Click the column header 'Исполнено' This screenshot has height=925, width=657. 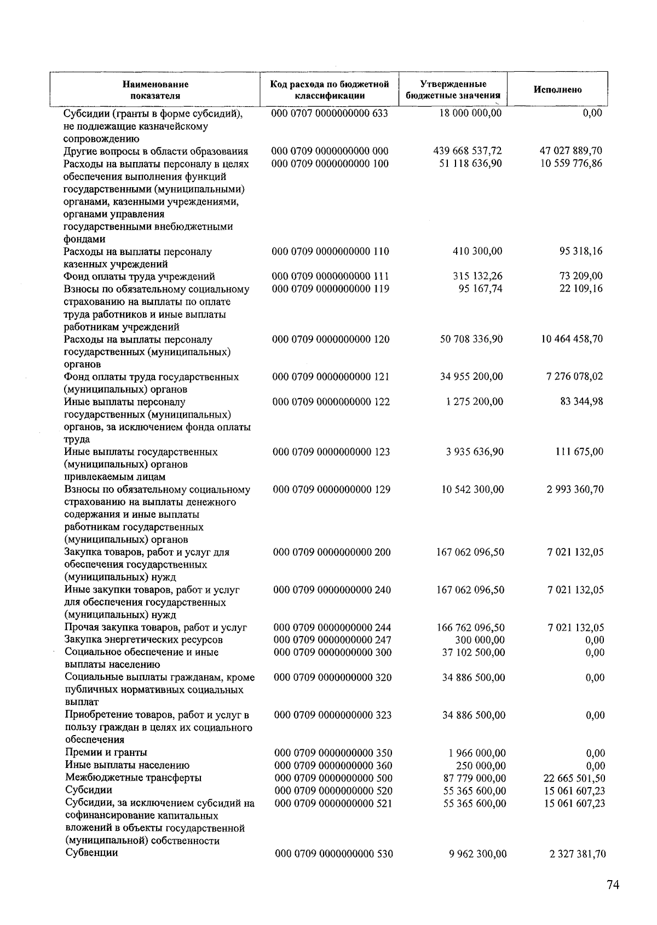[x=557, y=90]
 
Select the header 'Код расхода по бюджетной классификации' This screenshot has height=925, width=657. [x=330, y=90]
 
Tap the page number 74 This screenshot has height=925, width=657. [x=613, y=886]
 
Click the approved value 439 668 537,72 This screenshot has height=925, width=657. [x=468, y=151]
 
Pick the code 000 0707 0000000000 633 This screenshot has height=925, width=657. [x=330, y=113]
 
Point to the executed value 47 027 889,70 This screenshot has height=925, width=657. [x=571, y=151]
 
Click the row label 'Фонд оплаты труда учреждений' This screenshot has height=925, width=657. [x=140, y=276]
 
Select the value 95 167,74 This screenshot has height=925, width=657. [x=480, y=289]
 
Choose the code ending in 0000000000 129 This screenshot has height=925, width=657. [x=332, y=489]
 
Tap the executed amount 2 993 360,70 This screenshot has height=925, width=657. [x=575, y=489]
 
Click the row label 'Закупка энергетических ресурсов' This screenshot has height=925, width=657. [x=144, y=640]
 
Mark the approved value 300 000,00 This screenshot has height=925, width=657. [x=480, y=640]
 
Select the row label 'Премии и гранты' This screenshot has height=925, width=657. [x=106, y=753]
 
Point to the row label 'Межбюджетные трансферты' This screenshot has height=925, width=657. [x=133, y=778]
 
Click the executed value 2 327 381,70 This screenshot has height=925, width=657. [x=577, y=854]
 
